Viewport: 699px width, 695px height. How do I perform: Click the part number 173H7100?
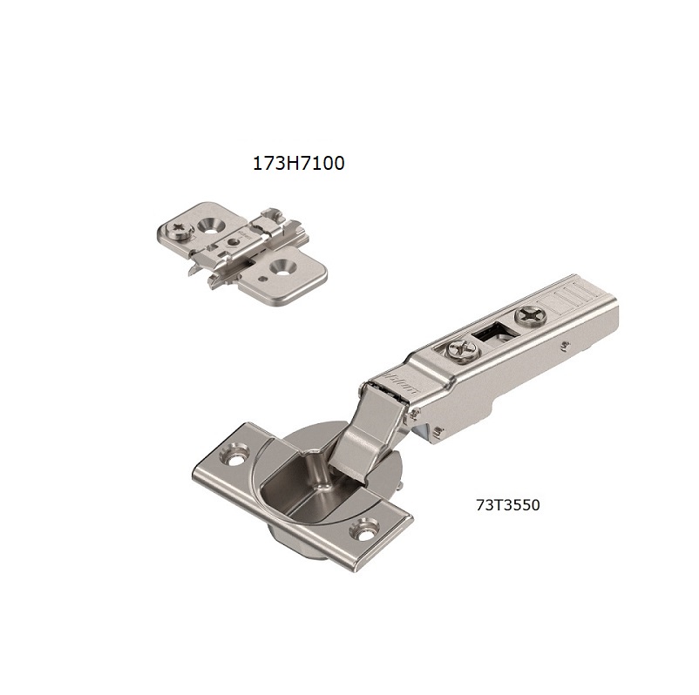point(298,163)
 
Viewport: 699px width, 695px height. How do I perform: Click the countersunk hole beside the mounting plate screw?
point(208,224)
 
